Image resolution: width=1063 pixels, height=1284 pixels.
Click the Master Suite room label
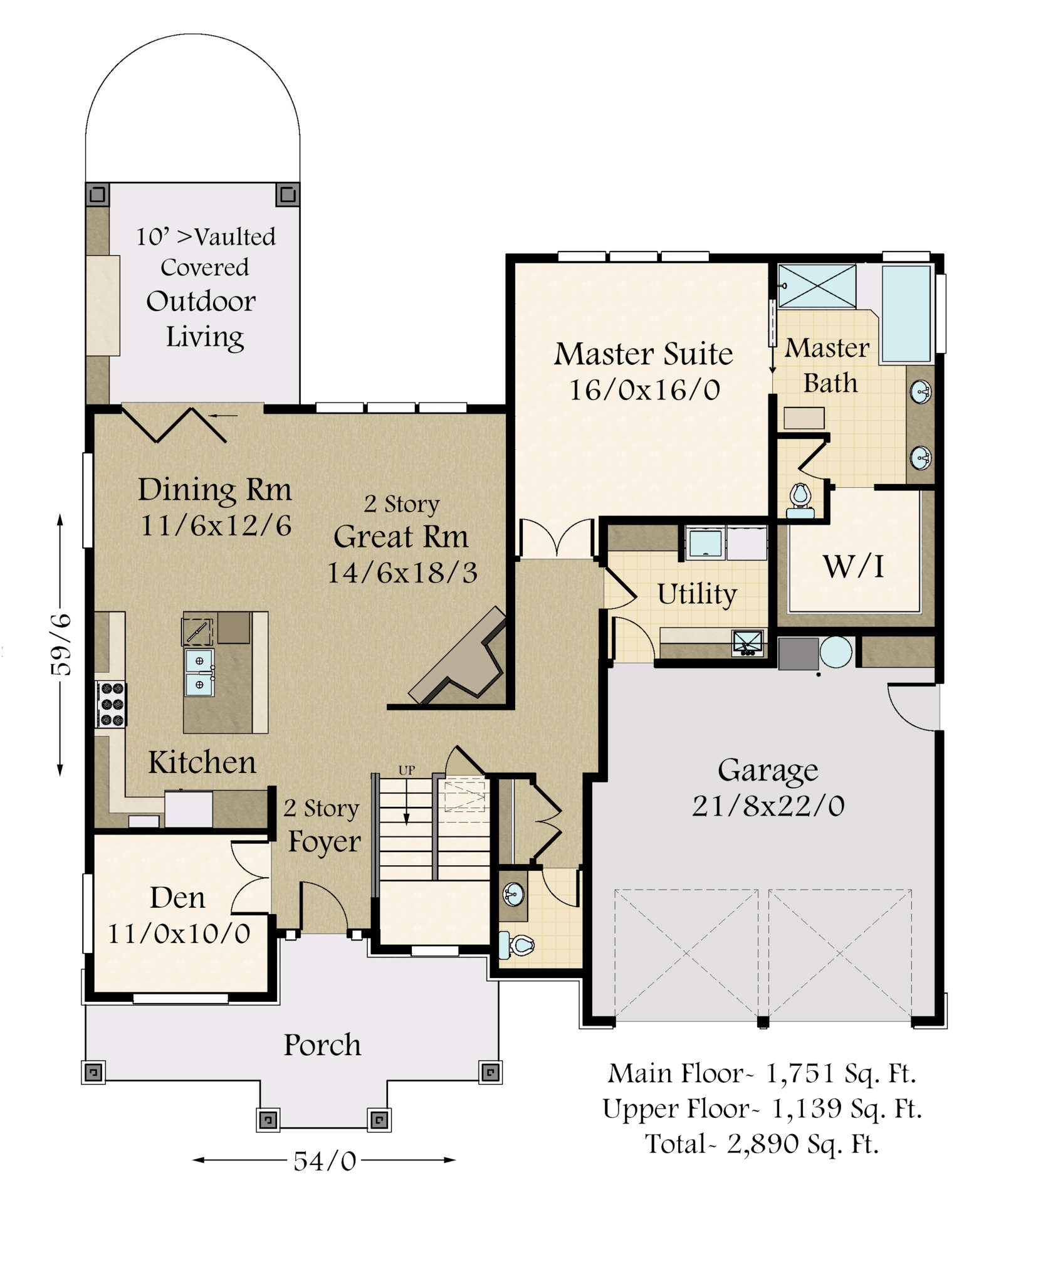click(643, 354)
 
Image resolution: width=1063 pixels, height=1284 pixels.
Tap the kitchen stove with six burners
click(111, 704)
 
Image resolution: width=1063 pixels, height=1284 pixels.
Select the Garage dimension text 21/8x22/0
click(768, 806)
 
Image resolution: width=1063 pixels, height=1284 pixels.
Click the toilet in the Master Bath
click(800, 501)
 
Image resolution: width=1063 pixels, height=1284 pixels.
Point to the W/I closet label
click(854, 567)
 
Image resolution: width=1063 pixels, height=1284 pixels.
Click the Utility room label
click(697, 594)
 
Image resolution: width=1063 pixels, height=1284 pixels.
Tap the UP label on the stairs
click(407, 771)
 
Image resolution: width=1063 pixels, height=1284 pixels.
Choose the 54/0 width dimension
click(325, 1162)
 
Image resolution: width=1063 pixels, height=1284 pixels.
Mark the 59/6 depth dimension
click(61, 645)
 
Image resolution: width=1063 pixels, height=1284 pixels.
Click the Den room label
click(177, 898)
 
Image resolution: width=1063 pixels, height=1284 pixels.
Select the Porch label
click(322, 1045)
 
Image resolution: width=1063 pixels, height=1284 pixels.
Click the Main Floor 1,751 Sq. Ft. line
click(762, 1073)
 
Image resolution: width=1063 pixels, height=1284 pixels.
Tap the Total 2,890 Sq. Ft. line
click(762, 1144)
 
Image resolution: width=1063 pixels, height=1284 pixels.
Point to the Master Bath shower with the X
click(817, 286)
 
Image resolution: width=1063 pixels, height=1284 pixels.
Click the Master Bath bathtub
click(906, 314)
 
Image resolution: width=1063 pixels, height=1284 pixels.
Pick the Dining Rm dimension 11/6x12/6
click(216, 525)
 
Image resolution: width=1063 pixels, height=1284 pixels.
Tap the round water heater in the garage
click(835, 651)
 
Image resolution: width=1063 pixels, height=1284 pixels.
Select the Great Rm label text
click(401, 537)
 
